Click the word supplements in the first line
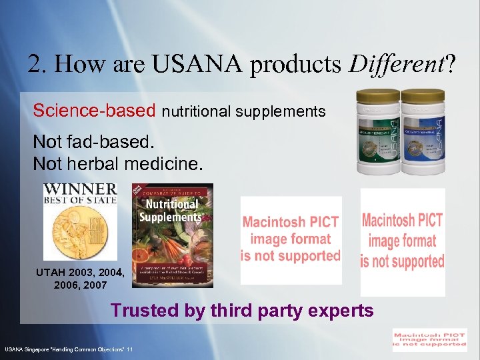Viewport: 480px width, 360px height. (x=287, y=111)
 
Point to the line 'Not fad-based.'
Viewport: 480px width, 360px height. (x=93, y=143)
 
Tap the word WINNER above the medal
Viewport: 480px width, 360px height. (x=80, y=189)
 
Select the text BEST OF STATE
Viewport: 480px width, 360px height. (x=80, y=200)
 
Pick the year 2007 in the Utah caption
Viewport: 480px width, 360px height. (x=94, y=285)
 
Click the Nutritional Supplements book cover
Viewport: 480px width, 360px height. (x=172, y=235)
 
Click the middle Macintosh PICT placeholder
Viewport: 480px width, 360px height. (x=291, y=239)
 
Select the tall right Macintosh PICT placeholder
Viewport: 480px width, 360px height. (x=402, y=241)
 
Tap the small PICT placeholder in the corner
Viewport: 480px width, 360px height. (x=429, y=339)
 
